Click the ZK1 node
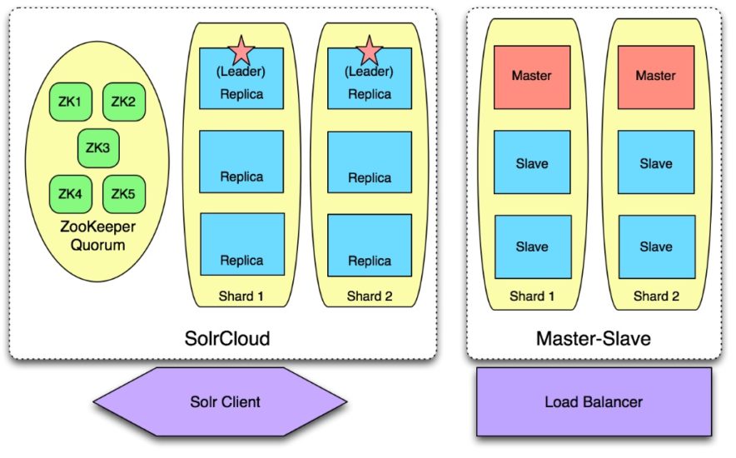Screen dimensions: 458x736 point(70,102)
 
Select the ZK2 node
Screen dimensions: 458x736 point(123,102)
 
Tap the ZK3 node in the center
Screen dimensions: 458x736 point(97,148)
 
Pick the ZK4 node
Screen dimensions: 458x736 point(70,194)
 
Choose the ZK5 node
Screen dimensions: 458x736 point(123,194)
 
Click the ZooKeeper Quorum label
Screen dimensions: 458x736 point(97,236)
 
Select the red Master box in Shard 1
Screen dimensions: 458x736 point(532,77)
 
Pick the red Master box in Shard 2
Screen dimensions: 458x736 point(655,77)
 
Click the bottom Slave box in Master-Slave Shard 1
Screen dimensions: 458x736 point(532,246)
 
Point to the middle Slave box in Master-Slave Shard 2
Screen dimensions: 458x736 point(655,162)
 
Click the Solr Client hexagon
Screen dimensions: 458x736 point(220,402)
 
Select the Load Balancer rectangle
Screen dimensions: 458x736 point(594,402)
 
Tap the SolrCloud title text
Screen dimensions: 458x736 point(227,339)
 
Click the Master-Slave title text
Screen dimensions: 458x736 point(594,339)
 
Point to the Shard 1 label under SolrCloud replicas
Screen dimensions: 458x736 point(241,296)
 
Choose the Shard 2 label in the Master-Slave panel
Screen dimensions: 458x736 point(655,296)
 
